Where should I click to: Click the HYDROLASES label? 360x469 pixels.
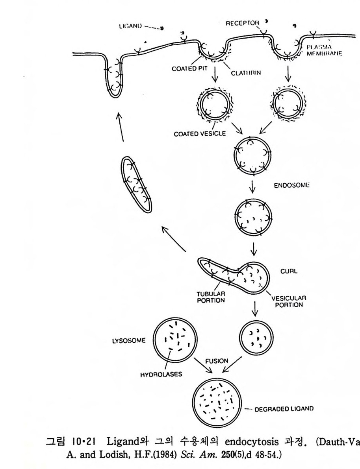click(x=161, y=374)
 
